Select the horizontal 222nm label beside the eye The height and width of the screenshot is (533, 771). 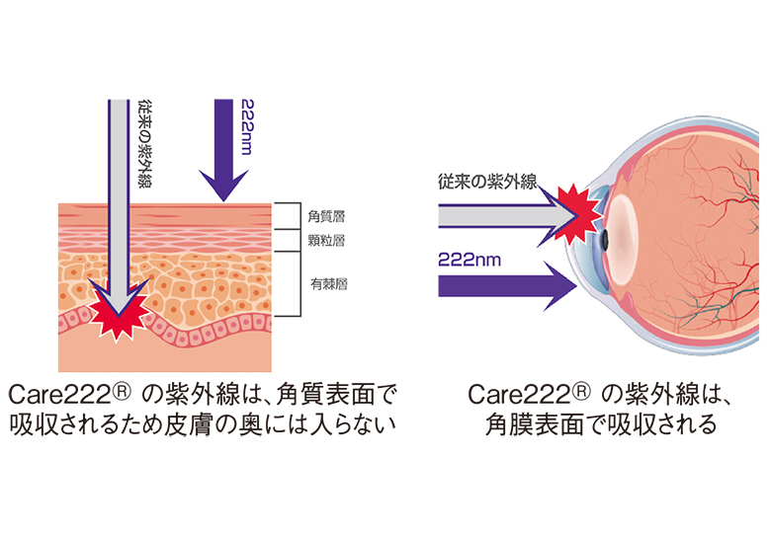tap(472, 260)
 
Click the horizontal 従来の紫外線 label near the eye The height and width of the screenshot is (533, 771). tap(486, 182)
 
